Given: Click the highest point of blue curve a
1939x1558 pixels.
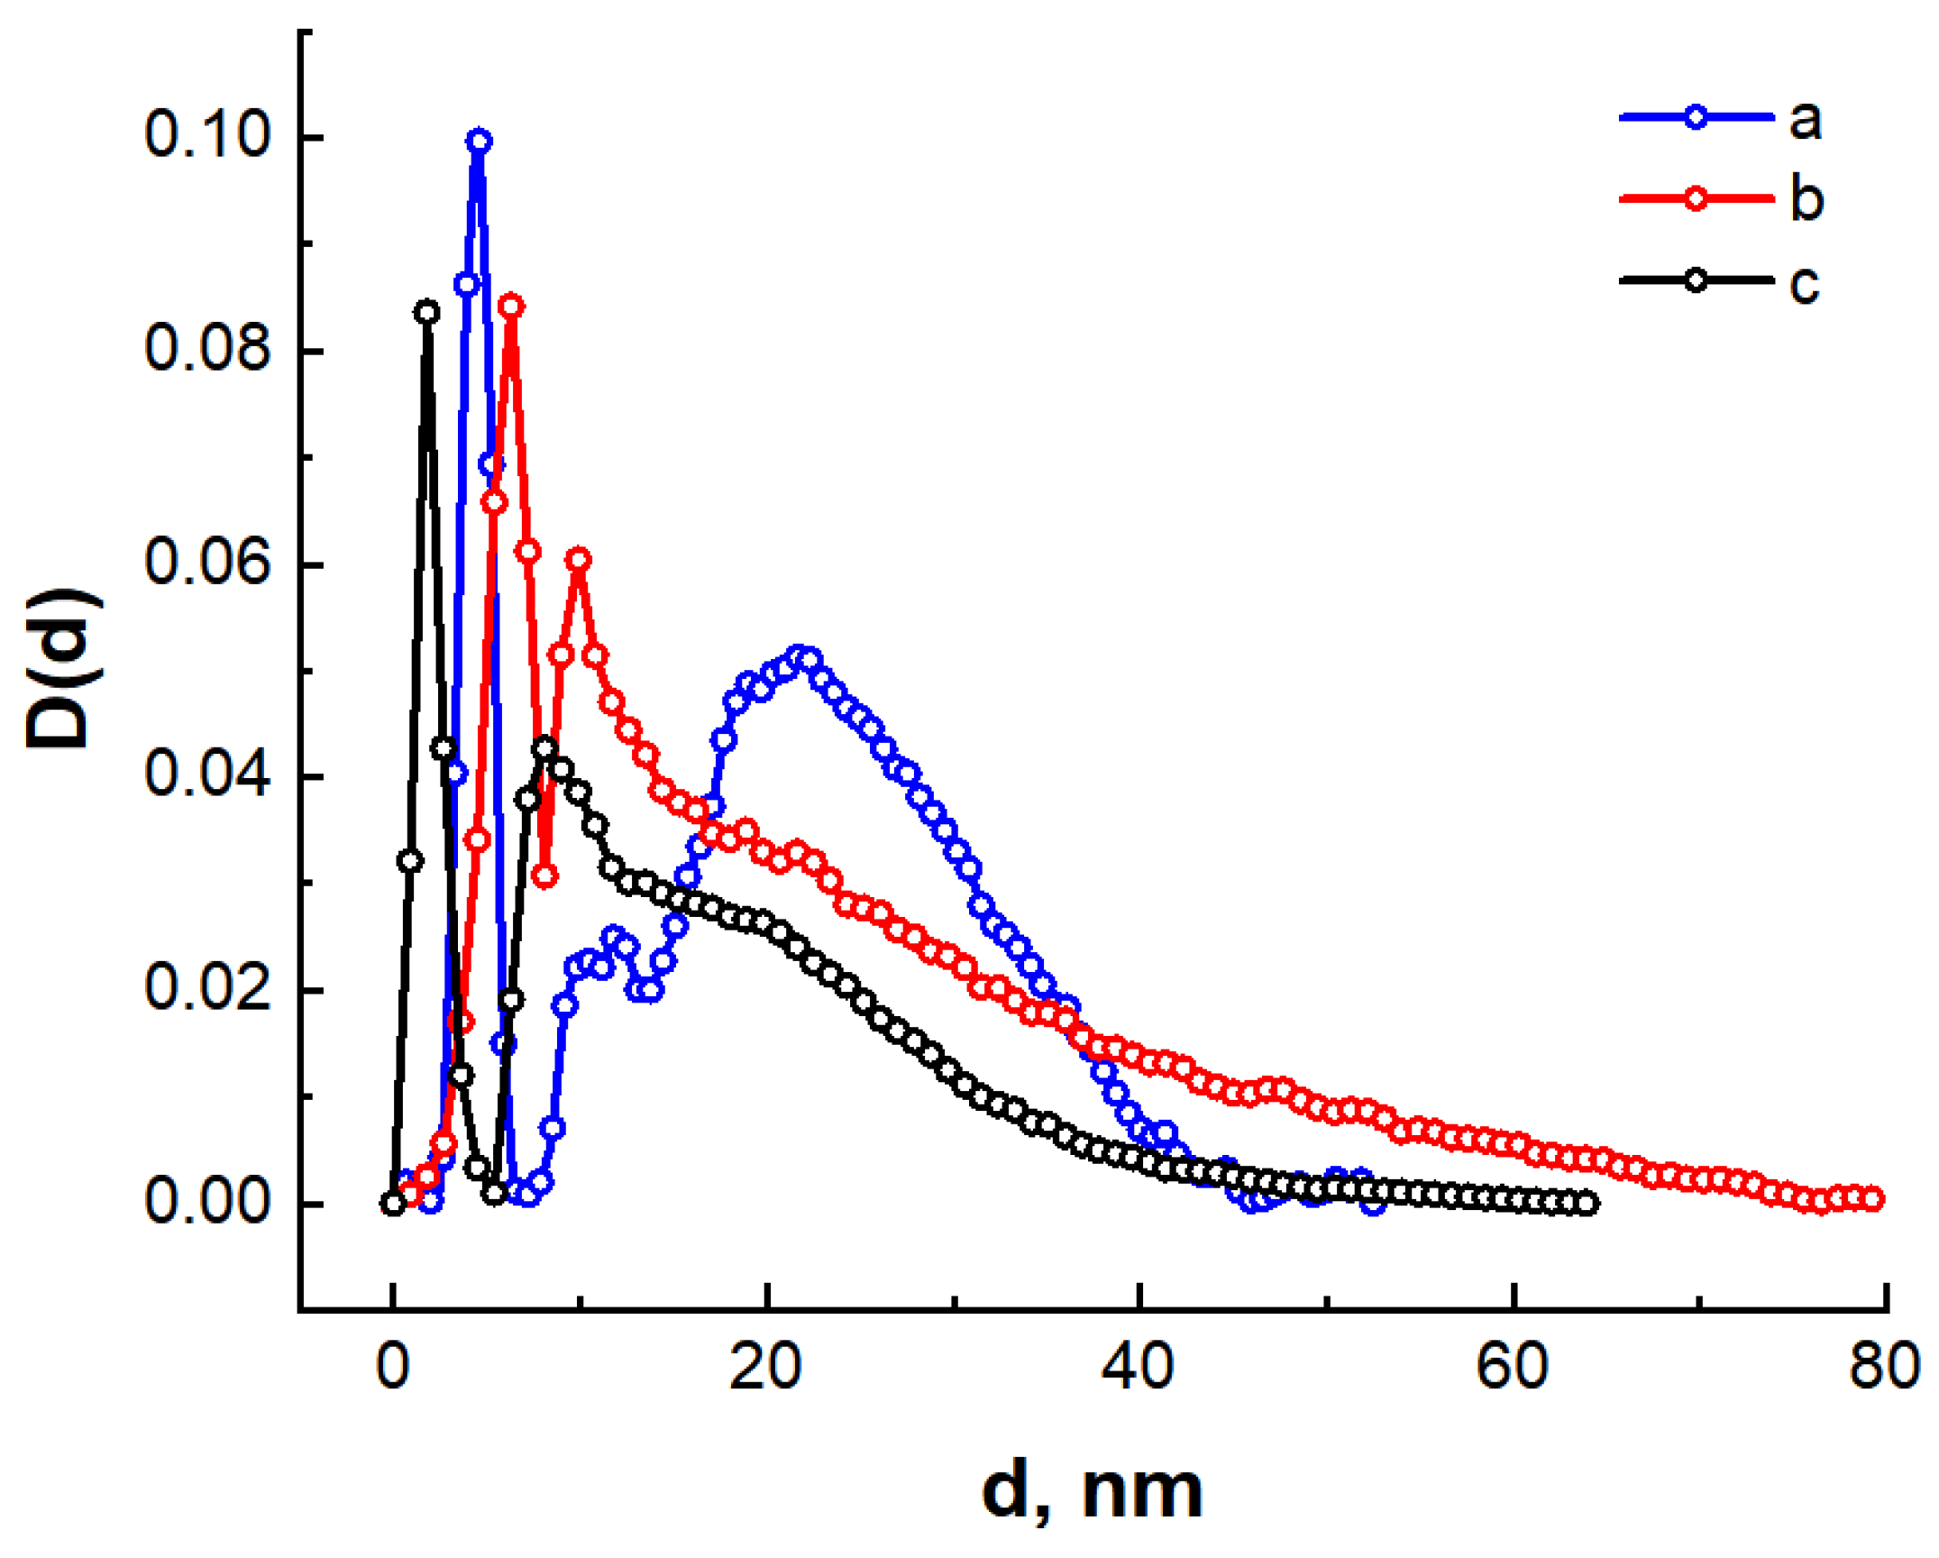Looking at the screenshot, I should coord(479,141).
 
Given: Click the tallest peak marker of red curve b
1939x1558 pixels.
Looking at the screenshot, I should coord(511,306).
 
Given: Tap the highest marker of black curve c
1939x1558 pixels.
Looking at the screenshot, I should coord(427,313).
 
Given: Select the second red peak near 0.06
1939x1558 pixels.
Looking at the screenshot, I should coord(579,559).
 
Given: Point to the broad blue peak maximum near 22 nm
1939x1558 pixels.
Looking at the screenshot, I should coord(798,655).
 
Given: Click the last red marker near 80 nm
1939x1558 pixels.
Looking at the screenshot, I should coord(1872,1198).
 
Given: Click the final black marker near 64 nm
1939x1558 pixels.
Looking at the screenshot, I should coord(1587,1203).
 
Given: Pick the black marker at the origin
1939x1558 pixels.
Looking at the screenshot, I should coord(392,1203).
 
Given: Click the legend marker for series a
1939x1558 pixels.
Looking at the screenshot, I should coord(1696,117).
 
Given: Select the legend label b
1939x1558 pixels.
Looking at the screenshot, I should coord(1806,198).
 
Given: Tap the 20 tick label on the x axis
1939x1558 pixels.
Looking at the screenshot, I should coord(765,1367).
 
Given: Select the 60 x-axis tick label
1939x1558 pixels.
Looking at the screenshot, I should coord(1513,1367).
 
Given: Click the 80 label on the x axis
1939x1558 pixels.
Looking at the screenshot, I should coord(1884,1367).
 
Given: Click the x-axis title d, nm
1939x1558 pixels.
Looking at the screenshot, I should coord(1092,1493).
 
